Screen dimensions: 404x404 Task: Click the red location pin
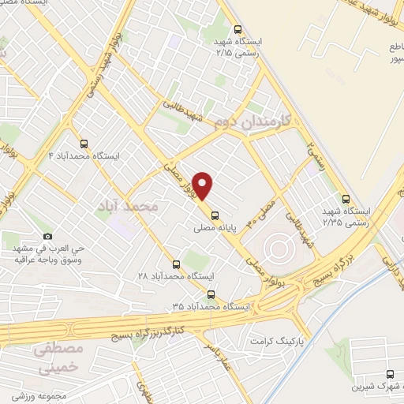click(x=204, y=185)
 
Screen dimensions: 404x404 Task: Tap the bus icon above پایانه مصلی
click(x=215, y=213)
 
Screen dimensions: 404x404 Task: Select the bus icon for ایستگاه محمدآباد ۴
click(x=84, y=143)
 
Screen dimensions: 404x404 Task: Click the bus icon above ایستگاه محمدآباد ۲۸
click(x=176, y=264)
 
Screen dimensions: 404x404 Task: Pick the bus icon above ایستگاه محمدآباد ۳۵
click(x=210, y=294)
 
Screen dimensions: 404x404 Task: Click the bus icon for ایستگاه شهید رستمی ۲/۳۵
click(x=346, y=199)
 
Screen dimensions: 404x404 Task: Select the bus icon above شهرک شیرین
click(x=390, y=374)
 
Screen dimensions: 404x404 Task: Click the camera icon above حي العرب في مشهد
click(x=47, y=236)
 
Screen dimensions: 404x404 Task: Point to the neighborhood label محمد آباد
click(x=127, y=205)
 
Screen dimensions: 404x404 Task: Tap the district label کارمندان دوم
click(x=252, y=121)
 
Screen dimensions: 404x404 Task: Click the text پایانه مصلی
click(x=215, y=226)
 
